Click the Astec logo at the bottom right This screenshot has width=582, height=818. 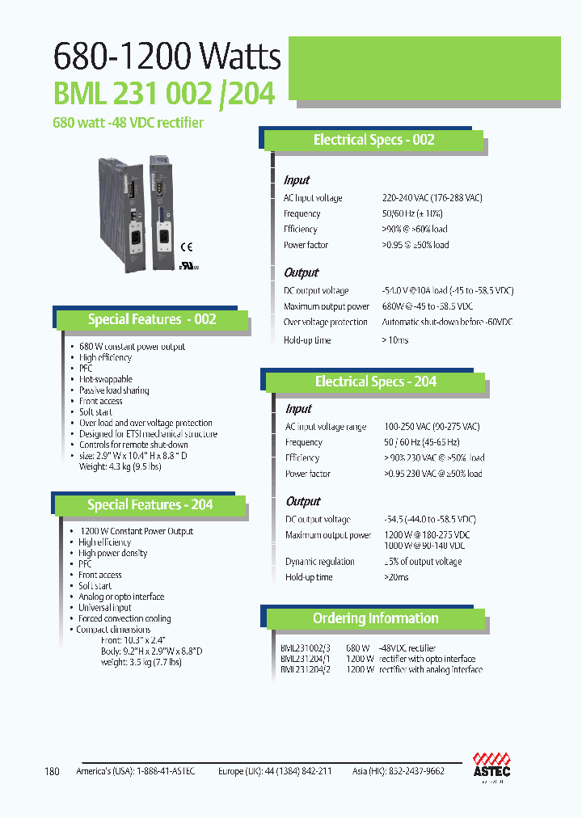point(491,765)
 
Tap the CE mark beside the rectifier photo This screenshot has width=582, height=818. point(185,247)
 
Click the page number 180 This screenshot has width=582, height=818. point(53,771)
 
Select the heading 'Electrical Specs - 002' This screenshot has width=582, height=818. point(373,140)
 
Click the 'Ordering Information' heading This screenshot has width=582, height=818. point(375,618)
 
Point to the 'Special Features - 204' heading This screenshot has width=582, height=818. point(150,504)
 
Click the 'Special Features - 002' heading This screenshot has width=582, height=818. point(151,319)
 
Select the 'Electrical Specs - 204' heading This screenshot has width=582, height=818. point(375,382)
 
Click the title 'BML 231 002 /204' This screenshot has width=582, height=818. point(164,94)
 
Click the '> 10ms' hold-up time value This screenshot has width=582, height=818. point(395,340)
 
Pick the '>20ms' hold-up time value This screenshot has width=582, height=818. point(396,577)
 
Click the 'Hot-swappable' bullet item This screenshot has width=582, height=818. point(105,379)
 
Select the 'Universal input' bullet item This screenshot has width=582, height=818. point(104,608)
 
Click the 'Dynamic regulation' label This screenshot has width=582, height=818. point(319,562)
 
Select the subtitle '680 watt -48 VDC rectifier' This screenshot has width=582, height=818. point(129,123)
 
